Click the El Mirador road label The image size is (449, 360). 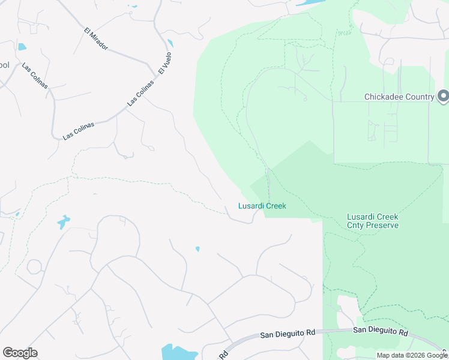(96, 38)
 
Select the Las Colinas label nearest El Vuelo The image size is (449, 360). (140, 93)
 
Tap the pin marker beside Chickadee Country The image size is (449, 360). (443, 96)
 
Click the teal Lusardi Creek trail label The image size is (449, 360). (262, 206)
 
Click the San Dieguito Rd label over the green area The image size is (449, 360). (380, 331)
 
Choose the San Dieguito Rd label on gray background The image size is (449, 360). (287, 335)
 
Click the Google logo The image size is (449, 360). (20, 353)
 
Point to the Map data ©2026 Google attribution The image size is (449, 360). (411, 355)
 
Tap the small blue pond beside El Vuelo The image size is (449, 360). (170, 43)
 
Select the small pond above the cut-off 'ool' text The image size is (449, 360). (22, 47)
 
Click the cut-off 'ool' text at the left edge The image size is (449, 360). (5, 65)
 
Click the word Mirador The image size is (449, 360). (99, 41)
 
